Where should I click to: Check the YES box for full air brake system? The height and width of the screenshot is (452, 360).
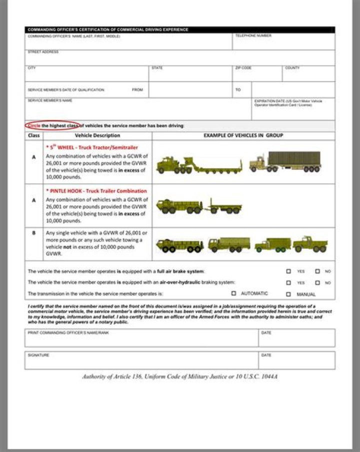pos(288,271)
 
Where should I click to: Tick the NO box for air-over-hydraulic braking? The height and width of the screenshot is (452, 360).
pos(317,282)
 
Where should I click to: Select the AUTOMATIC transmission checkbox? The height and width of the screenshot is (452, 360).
pos(233,294)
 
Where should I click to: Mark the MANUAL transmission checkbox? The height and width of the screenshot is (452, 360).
pos(288,294)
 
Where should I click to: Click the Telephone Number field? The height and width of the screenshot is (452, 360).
pos(283,43)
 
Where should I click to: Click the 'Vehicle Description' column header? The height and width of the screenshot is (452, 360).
pos(97,135)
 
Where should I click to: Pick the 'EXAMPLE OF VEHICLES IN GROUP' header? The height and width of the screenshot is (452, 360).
pos(243,135)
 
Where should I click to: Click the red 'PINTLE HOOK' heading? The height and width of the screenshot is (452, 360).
pos(98,191)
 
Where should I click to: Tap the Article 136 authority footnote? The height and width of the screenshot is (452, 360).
pos(180,376)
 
